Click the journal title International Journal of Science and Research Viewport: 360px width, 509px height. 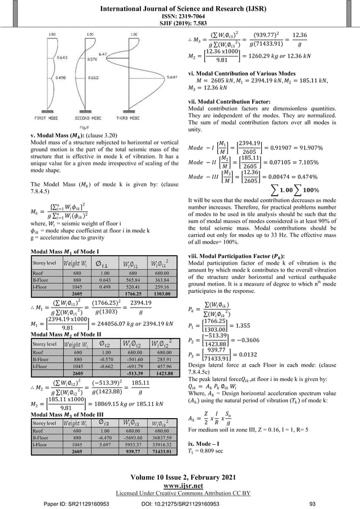180,7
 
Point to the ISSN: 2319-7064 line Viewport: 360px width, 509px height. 180,16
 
